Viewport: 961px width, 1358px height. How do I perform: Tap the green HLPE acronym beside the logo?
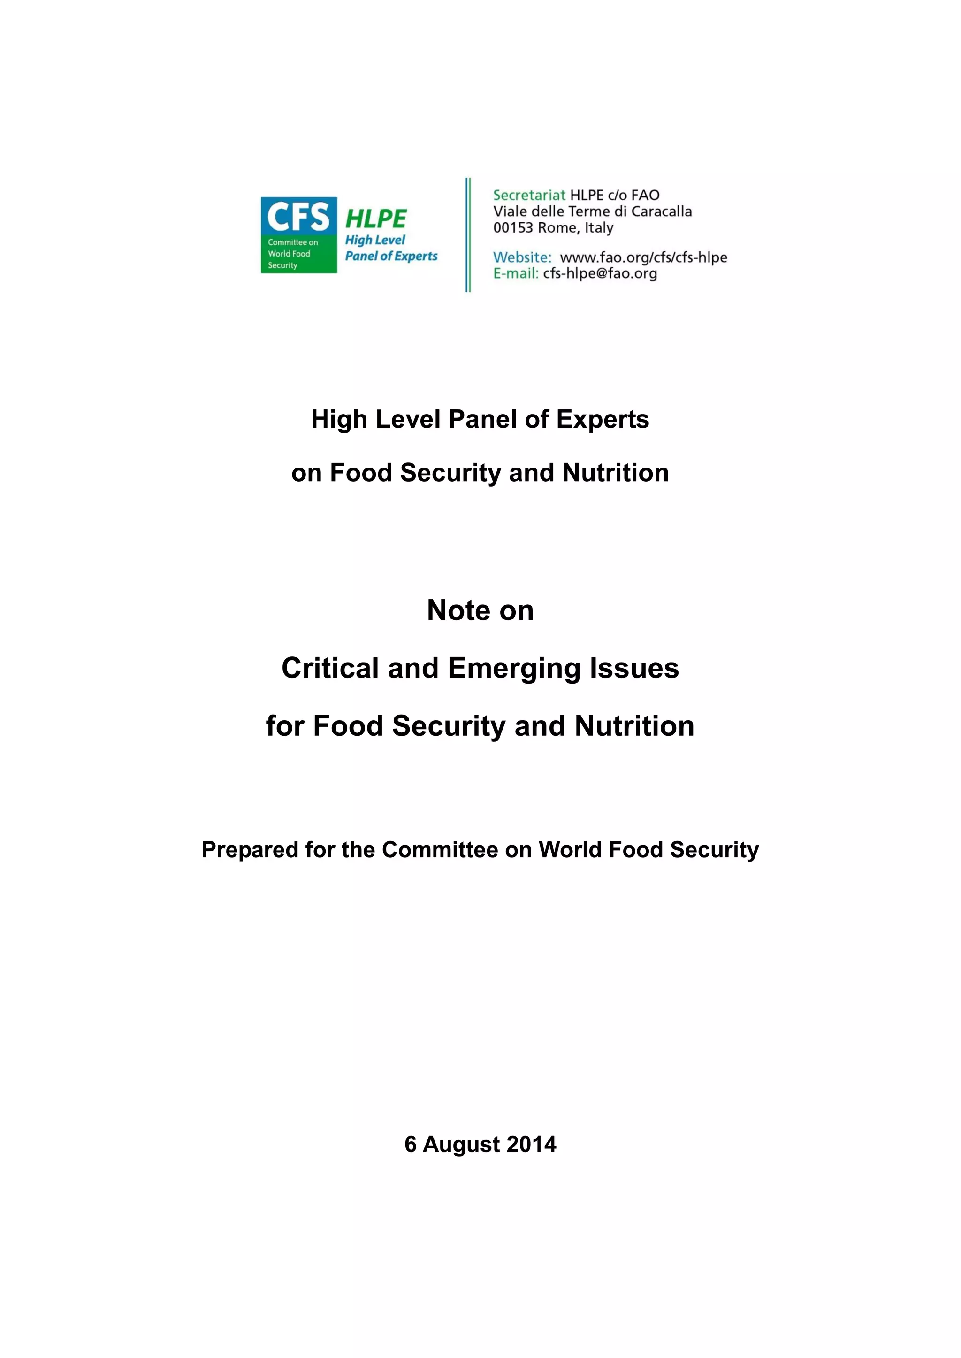[x=376, y=219]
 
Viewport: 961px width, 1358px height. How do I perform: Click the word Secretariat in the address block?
[x=529, y=195]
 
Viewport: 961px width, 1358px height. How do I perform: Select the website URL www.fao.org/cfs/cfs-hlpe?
[x=643, y=257]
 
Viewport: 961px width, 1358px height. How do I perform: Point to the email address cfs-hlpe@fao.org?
[x=600, y=273]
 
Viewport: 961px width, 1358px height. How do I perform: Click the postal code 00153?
[x=513, y=228]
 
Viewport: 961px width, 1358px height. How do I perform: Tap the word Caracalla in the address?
[x=662, y=211]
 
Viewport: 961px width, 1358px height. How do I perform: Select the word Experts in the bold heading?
[x=603, y=419]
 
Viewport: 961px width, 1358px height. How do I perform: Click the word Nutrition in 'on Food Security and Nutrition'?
[x=616, y=473]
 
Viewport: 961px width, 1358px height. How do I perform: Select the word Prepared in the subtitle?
[x=250, y=850]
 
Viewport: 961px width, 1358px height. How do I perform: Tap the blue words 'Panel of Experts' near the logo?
[x=391, y=256]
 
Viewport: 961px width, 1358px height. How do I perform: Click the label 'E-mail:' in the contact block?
[x=515, y=273]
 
